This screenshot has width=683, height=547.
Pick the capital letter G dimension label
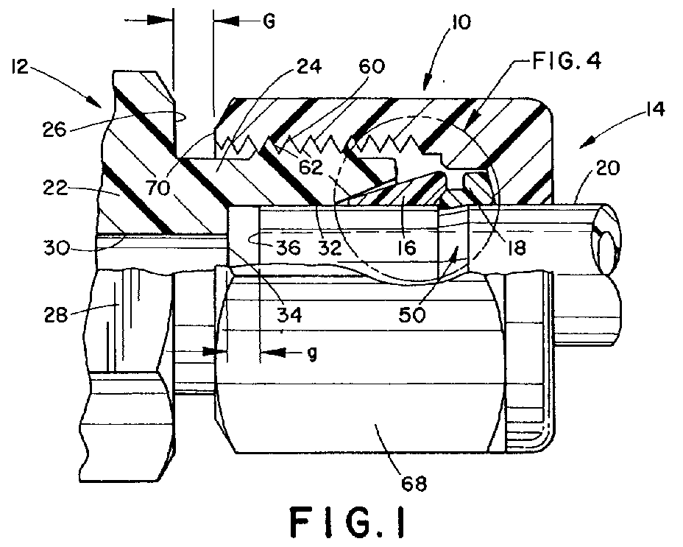pos(269,21)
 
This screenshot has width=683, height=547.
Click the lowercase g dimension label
pos(313,353)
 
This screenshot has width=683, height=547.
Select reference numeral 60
pos(372,66)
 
